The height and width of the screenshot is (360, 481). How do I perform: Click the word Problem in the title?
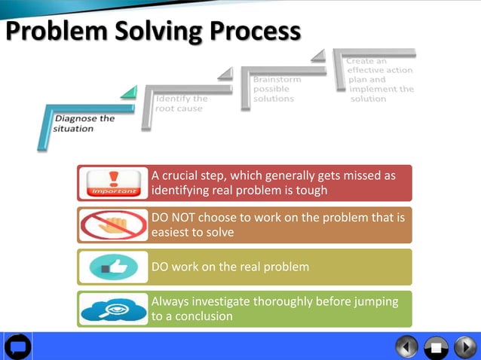(x=52, y=32)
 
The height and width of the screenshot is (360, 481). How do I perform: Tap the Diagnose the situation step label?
(x=84, y=124)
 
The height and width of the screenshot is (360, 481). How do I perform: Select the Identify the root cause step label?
(x=181, y=104)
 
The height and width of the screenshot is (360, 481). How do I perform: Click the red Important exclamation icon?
(x=114, y=183)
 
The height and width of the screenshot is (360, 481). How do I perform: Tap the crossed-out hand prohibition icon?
(x=114, y=225)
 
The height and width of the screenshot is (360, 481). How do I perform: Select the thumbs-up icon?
(x=114, y=267)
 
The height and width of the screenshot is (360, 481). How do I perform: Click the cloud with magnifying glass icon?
(x=114, y=309)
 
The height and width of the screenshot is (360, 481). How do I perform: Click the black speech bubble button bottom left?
(x=18, y=346)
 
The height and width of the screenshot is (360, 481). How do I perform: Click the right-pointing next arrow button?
(x=464, y=346)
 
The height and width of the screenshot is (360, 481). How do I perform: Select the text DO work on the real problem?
(x=230, y=267)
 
